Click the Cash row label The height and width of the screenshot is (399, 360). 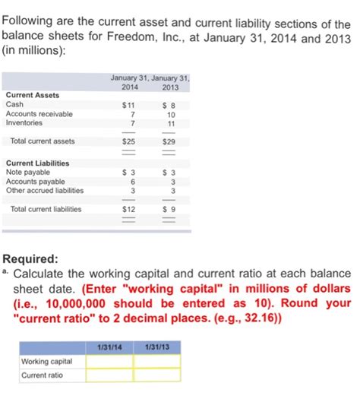[x=14, y=104]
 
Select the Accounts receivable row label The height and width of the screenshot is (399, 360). [x=39, y=113]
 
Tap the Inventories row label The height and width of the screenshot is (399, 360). [x=24, y=122]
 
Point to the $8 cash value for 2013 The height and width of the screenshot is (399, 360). [x=169, y=104]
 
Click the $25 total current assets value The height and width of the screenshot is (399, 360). [x=129, y=141]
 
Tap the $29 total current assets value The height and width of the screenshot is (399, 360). [x=169, y=141]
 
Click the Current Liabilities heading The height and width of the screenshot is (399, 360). [x=37, y=163]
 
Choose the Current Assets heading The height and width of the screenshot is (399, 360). [x=32, y=95]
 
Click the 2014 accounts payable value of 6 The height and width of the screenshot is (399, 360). [x=132, y=182]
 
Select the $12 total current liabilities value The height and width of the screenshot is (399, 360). [x=129, y=209]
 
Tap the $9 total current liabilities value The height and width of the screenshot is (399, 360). [x=169, y=209]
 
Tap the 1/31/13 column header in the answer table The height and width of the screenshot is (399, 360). [x=157, y=348]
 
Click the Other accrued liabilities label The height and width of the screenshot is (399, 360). [x=44, y=191]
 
